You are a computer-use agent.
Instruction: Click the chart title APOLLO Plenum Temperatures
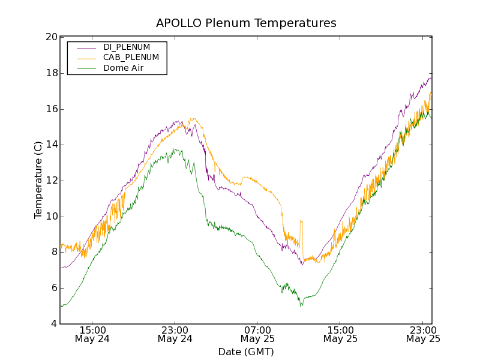click(x=246, y=23)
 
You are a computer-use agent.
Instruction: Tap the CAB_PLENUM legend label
click(x=131, y=58)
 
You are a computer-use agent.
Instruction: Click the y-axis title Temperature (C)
click(x=38, y=180)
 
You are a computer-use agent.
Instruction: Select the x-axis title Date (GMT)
click(x=246, y=352)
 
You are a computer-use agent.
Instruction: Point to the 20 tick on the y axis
click(x=52, y=37)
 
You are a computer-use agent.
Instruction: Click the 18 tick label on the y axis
click(x=52, y=73)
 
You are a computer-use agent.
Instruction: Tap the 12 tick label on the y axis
click(x=52, y=181)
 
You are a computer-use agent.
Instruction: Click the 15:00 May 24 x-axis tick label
click(x=92, y=334)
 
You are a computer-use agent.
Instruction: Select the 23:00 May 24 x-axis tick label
click(x=175, y=334)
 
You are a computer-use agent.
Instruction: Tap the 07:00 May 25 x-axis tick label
click(x=258, y=334)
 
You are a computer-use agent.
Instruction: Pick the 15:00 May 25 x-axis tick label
click(x=340, y=334)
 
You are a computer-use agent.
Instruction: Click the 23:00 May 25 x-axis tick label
click(x=423, y=334)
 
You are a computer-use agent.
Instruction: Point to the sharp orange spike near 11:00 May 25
click(x=301, y=221)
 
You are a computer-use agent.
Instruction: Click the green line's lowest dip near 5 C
click(x=302, y=306)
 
